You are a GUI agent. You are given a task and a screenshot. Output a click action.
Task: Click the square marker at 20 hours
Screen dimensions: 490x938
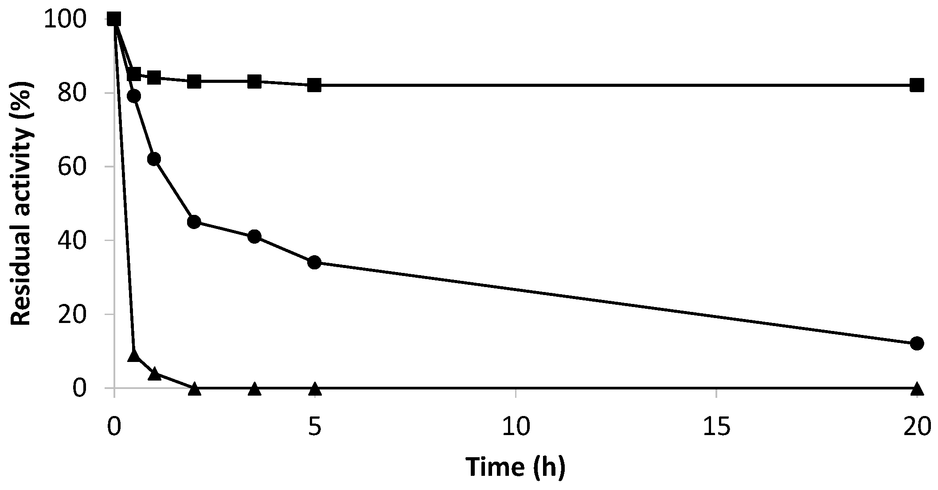tap(917, 85)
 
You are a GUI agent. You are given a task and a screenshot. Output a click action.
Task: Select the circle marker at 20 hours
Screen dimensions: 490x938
tap(917, 343)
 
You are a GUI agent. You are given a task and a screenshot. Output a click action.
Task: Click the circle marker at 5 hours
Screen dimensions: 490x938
tap(314, 262)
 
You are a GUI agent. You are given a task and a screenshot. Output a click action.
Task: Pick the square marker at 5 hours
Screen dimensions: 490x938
tap(314, 85)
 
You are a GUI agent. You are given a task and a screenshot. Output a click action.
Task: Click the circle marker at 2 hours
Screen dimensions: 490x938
tap(194, 222)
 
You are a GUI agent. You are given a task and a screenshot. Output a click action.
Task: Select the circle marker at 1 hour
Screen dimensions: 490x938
tap(154, 159)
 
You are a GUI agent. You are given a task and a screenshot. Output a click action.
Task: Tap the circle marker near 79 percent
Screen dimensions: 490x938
tap(134, 96)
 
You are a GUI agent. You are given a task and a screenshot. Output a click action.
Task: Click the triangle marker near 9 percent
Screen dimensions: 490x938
tap(134, 355)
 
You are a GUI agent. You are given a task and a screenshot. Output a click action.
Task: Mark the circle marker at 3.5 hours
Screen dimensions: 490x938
tap(254, 237)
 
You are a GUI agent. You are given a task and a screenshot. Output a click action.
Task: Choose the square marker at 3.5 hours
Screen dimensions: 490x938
tap(254, 82)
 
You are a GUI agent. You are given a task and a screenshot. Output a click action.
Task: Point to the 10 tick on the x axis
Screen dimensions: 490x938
tap(516, 428)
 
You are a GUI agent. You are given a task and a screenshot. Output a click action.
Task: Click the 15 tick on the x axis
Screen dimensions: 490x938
tap(716, 428)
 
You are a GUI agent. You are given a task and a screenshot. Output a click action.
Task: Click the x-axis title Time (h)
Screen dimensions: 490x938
tap(516, 467)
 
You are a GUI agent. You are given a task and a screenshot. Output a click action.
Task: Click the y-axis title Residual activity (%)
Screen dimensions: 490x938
tap(21, 204)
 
